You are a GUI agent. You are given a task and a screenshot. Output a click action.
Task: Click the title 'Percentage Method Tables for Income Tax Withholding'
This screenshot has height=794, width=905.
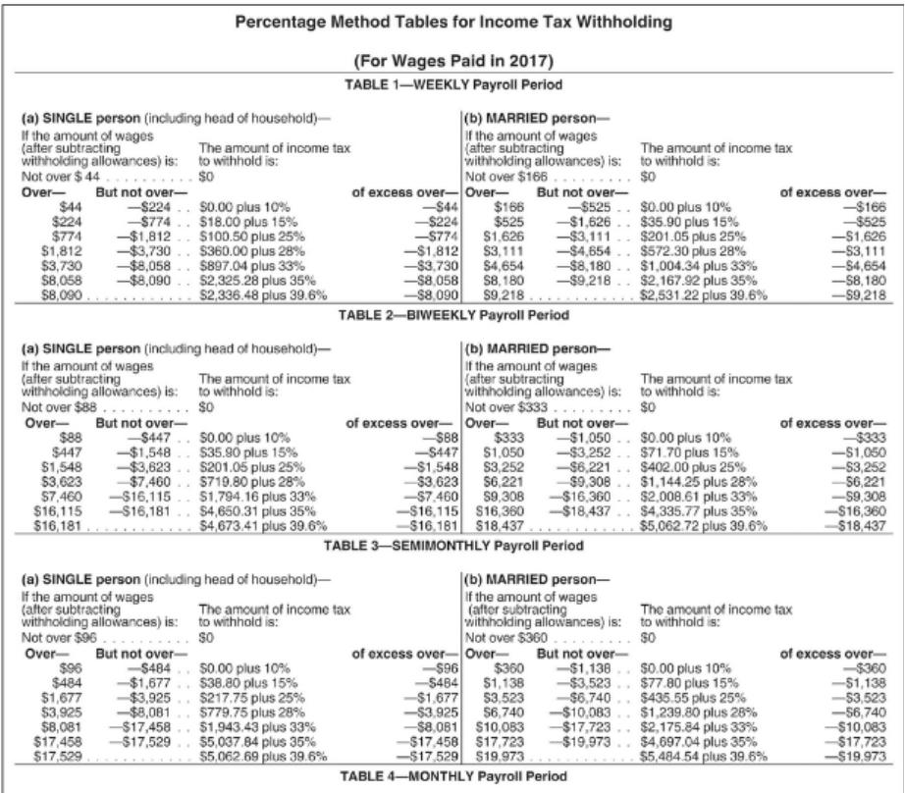[453, 23]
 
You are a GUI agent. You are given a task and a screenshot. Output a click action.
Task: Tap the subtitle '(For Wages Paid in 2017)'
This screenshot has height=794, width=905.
[453, 61]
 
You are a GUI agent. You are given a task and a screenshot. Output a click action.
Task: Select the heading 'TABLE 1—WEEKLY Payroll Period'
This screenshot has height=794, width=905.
[453, 84]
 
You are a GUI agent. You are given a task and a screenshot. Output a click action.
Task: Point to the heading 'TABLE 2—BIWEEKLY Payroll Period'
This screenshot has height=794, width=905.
[453, 315]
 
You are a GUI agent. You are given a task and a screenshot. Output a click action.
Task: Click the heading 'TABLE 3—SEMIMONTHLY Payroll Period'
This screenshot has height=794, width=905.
[453, 546]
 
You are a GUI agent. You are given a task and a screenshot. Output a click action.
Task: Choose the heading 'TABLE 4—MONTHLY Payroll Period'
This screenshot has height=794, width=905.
[453, 776]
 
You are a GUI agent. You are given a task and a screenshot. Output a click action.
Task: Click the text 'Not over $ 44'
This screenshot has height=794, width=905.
[61, 177]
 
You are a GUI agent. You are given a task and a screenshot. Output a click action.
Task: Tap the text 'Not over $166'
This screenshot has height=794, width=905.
[506, 177]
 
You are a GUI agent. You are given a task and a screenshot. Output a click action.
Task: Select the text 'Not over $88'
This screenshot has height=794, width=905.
[59, 406]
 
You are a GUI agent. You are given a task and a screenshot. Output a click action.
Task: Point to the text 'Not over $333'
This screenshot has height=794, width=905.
[506, 406]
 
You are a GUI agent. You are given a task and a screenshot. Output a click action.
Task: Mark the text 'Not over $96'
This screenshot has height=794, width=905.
[59, 638]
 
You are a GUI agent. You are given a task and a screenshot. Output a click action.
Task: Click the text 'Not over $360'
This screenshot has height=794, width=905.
[506, 638]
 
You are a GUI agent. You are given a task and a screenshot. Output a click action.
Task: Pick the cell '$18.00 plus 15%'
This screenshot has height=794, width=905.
[248, 222]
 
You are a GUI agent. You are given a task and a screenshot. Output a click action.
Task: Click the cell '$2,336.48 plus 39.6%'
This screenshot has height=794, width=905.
[263, 295]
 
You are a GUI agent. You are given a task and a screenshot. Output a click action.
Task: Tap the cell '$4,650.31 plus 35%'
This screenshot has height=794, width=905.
[257, 511]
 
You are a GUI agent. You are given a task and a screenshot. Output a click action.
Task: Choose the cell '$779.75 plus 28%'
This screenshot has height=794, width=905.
[251, 714]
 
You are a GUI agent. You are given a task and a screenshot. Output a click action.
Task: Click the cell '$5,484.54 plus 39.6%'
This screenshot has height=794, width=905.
[704, 757]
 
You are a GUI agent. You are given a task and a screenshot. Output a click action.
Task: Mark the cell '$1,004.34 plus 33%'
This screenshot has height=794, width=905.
[698, 266]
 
